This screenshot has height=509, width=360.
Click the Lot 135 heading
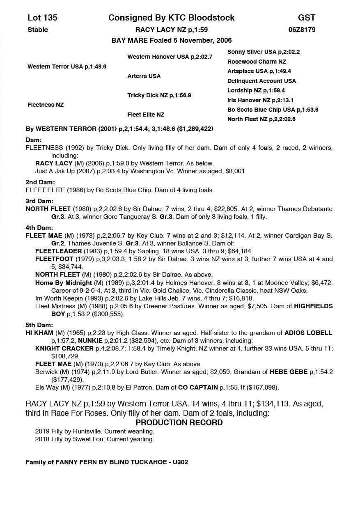click(x=42, y=18)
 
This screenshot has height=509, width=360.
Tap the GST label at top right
click(x=307, y=18)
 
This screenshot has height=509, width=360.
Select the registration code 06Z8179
click(x=302, y=30)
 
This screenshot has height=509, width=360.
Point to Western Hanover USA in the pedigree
click(x=170, y=57)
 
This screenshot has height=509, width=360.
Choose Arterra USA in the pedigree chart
click(x=144, y=76)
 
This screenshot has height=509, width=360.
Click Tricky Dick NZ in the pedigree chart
click(x=159, y=95)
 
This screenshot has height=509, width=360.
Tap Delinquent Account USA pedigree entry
click(x=261, y=81)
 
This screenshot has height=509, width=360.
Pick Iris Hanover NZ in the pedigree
click(x=260, y=100)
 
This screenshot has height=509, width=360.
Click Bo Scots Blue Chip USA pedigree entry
click(x=273, y=110)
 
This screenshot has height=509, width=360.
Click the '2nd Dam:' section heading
click(x=40, y=182)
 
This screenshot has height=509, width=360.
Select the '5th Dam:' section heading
click(x=39, y=325)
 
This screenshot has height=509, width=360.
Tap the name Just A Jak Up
click(x=55, y=171)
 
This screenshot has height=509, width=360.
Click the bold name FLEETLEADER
click(x=54, y=251)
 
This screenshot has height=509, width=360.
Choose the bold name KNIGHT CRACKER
click(x=64, y=348)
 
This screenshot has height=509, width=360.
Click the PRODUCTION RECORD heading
click(x=179, y=422)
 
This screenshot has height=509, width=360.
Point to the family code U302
click(x=180, y=462)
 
